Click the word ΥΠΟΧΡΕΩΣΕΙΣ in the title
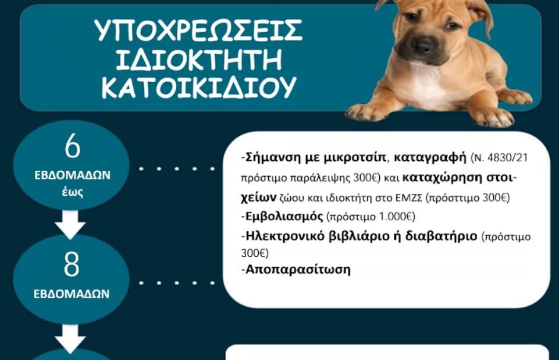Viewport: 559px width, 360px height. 199,31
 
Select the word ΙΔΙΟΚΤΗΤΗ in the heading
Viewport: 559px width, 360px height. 199,60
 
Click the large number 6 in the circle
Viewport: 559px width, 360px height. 72,148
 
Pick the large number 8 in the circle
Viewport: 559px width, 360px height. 72,265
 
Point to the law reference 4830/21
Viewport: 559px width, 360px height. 505,158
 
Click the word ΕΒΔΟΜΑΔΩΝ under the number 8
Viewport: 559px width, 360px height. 72,294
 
